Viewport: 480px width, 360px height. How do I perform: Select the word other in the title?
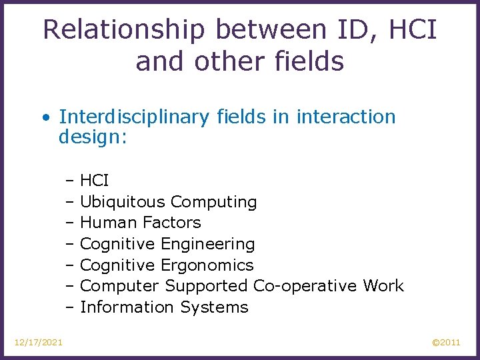pyautogui.click(x=227, y=62)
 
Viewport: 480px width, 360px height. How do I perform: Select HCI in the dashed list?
pyautogui.click(x=94, y=180)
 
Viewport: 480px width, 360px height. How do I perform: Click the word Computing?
pyautogui.click(x=213, y=201)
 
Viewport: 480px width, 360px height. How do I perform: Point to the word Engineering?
pyautogui.click(x=207, y=244)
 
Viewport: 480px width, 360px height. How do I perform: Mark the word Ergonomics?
pyautogui.click(x=207, y=265)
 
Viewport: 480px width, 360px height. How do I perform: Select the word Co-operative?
pyautogui.click(x=305, y=286)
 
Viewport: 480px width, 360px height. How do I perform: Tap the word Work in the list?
pyautogui.click(x=383, y=286)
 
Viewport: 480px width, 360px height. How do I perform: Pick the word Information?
pyautogui.click(x=127, y=307)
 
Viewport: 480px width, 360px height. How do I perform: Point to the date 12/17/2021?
pyautogui.click(x=39, y=343)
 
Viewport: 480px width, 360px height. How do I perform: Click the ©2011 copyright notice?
pyautogui.click(x=446, y=343)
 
